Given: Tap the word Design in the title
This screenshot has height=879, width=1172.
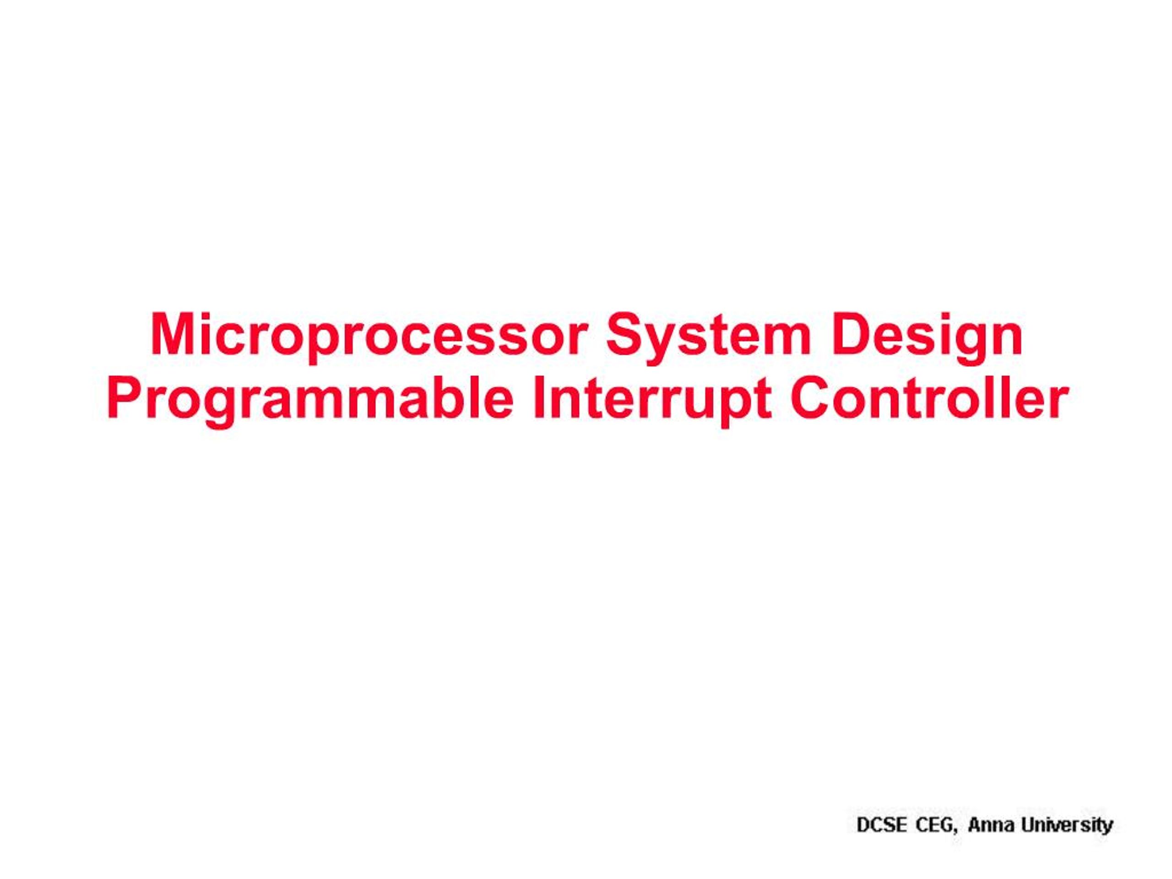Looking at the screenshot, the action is [927, 336].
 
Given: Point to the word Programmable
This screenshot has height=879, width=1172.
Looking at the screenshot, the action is [310, 399].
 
